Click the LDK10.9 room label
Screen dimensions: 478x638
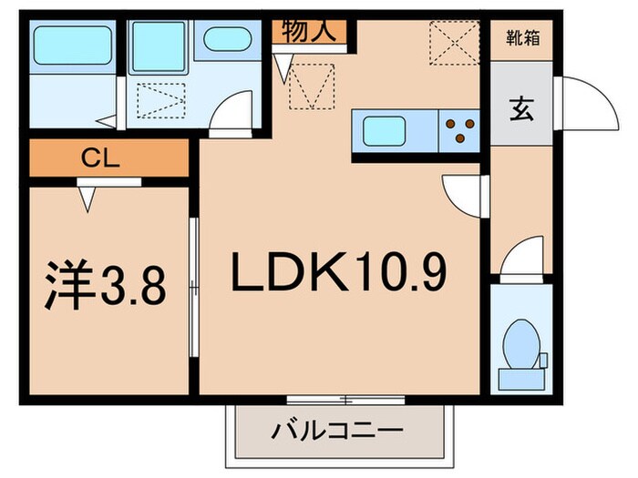341,270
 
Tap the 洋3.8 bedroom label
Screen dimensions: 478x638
104,286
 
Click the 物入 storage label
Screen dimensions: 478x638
312,32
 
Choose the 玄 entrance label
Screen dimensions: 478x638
520,109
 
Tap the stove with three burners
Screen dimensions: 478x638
459,128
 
